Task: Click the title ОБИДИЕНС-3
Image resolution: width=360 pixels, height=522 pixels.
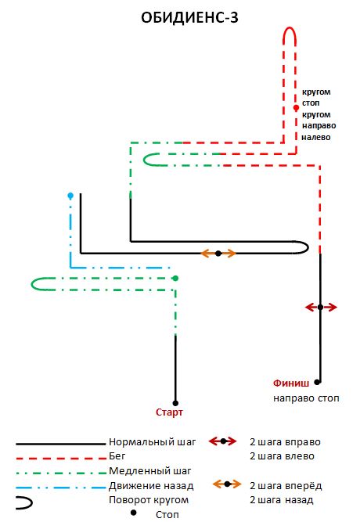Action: pyautogui.click(x=189, y=18)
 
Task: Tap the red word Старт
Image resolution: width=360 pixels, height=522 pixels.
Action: pyautogui.click(x=169, y=412)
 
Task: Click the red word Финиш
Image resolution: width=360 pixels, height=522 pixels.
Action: pyautogui.click(x=291, y=383)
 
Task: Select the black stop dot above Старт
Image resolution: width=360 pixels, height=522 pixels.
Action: pyautogui.click(x=175, y=403)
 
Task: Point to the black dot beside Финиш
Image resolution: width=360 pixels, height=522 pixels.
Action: pyautogui.click(x=317, y=382)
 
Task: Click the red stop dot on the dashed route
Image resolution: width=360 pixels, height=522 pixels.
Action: pyautogui.click(x=296, y=108)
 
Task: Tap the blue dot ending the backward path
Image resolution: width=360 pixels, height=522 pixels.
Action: pyautogui.click(x=70, y=196)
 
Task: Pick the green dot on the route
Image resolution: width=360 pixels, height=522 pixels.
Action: pyautogui.click(x=175, y=278)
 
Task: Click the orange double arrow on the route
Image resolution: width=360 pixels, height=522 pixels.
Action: pyautogui.click(x=218, y=254)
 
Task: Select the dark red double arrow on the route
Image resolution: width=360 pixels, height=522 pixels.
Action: pyautogui.click(x=321, y=308)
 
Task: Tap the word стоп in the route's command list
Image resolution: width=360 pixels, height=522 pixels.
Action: pyautogui.click(x=311, y=103)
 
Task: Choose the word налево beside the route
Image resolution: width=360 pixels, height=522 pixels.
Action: pyautogui.click(x=316, y=137)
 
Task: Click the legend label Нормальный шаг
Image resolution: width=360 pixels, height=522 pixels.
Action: pyautogui.click(x=152, y=442)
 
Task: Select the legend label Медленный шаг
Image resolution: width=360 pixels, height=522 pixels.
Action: pyautogui.click(x=149, y=470)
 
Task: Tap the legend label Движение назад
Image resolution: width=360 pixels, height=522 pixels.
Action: pyautogui.click(x=151, y=486)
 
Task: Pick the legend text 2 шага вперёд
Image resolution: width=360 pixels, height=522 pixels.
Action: pyautogui.click(x=286, y=486)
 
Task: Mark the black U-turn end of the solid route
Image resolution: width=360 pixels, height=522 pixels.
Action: pyautogui.click(x=308, y=247)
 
